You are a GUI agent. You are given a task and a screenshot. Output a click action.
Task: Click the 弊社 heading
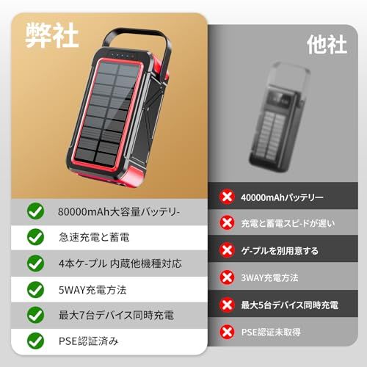coord(52,35)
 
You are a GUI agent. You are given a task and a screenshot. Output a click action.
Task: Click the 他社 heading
coord(327,44)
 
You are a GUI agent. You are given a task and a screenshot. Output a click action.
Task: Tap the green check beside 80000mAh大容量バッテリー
coord(35,211)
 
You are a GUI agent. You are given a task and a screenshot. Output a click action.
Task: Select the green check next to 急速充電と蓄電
coord(35,237)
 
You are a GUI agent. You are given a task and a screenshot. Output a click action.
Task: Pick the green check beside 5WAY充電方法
coord(35,290)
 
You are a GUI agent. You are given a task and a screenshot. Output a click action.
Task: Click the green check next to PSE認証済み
coord(35,341)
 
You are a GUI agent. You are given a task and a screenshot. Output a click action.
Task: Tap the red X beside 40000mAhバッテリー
coord(227,197)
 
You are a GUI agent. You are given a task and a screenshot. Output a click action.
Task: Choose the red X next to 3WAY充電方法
coord(227,277)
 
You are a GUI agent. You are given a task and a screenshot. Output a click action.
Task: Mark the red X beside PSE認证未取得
coord(227,332)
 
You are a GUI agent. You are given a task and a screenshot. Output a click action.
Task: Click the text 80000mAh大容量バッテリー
coord(119,211)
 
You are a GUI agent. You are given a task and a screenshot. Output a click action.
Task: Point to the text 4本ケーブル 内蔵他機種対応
coord(120,264)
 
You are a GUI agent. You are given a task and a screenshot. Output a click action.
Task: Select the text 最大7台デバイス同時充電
coord(116,315)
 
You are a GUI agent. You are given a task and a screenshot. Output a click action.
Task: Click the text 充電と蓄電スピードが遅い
coord(288,223)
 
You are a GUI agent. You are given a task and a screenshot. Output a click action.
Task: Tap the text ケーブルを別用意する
coord(280,250)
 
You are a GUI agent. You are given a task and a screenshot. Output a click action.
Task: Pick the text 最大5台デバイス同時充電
coord(290,305)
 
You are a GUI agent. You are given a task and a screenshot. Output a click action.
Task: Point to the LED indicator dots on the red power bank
coord(123,55)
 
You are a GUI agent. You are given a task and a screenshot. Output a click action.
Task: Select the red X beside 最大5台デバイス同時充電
coord(227,305)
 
